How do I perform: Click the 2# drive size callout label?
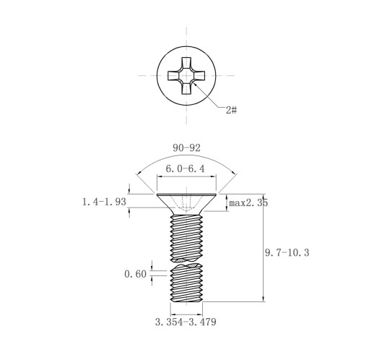pyautogui.click(x=231, y=110)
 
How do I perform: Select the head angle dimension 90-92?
pyautogui.click(x=186, y=148)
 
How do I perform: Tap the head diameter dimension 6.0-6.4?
pyautogui.click(x=186, y=169)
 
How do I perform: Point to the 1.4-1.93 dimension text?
pyautogui.click(x=104, y=202)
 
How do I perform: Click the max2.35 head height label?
pyautogui.click(x=248, y=203)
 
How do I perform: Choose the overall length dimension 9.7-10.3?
pyautogui.click(x=287, y=253)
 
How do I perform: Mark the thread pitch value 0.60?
pyautogui.click(x=135, y=274)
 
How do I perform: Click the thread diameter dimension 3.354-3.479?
pyautogui.click(x=186, y=322)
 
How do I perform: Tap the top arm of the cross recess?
pyautogui.click(x=186, y=63)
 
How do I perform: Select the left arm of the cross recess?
pyautogui.click(x=174, y=75)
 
